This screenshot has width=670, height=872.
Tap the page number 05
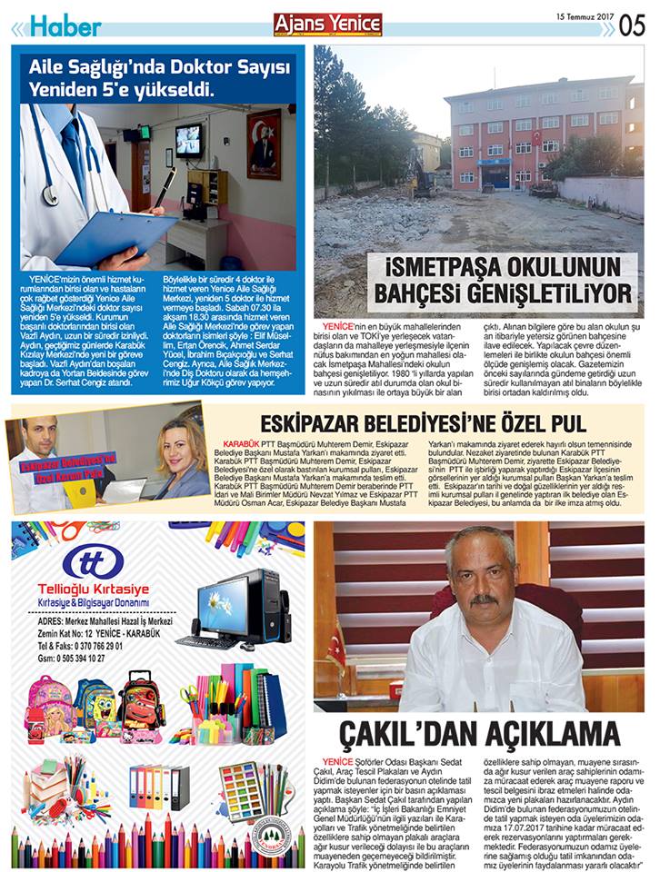[x=633, y=25]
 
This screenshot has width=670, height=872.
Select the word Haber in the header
[x=65, y=26]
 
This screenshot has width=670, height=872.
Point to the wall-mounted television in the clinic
[x=188, y=140]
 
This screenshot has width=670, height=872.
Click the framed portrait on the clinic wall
[x=264, y=143]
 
